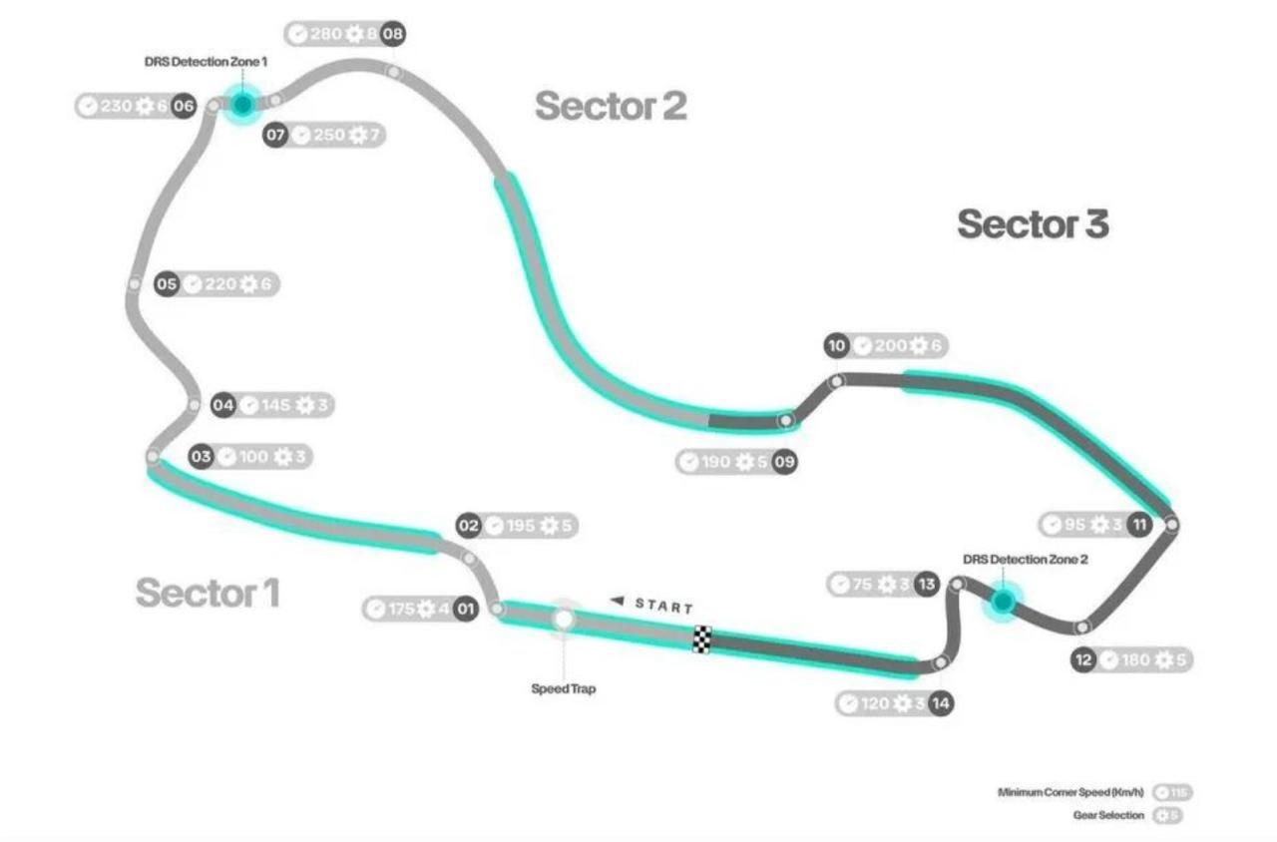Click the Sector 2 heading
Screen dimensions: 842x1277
coord(611,106)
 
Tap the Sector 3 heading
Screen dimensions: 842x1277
coord(1033,223)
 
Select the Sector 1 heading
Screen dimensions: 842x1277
coord(208,593)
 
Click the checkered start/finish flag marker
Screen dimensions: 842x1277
coord(702,639)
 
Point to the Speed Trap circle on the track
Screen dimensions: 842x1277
coord(564,619)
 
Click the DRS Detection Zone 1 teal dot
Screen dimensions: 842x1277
coord(241,104)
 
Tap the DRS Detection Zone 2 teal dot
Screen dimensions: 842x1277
coord(1003,602)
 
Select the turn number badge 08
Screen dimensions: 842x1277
coord(393,34)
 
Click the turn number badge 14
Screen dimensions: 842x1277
coord(941,703)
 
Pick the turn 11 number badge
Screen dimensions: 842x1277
coord(1139,524)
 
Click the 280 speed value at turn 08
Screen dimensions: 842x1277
coord(326,34)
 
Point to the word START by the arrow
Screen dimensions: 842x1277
coord(663,606)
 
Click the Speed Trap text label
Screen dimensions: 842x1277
coord(564,688)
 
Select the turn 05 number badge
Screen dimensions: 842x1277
coord(167,284)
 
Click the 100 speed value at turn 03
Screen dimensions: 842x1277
coord(253,457)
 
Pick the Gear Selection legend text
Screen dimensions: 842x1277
coord(1107,815)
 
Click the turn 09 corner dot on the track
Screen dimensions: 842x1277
coord(787,421)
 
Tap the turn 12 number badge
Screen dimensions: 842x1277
coord(1084,659)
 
